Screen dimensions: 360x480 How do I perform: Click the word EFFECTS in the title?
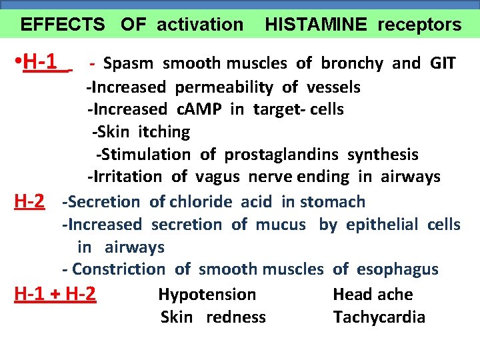pyautogui.click(x=63, y=25)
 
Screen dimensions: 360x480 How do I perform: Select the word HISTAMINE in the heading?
pyautogui.click(x=315, y=25)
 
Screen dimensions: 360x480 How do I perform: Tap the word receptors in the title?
pyautogui.click(x=419, y=25)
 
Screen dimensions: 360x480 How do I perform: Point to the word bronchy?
pyautogui.click(x=352, y=63)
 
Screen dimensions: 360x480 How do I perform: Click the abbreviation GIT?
pyautogui.click(x=443, y=63)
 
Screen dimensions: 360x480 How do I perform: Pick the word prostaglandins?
pyautogui.click(x=283, y=155)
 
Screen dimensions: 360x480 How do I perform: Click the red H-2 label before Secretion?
pyautogui.click(x=30, y=201)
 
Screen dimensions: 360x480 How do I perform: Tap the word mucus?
pyautogui.click(x=279, y=225)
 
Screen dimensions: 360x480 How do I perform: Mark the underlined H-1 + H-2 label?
pyautogui.click(x=55, y=294)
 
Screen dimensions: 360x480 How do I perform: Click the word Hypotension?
pyautogui.click(x=207, y=294)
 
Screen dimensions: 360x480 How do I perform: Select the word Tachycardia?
pyautogui.click(x=379, y=317)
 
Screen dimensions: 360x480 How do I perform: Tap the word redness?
pyautogui.click(x=236, y=317)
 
